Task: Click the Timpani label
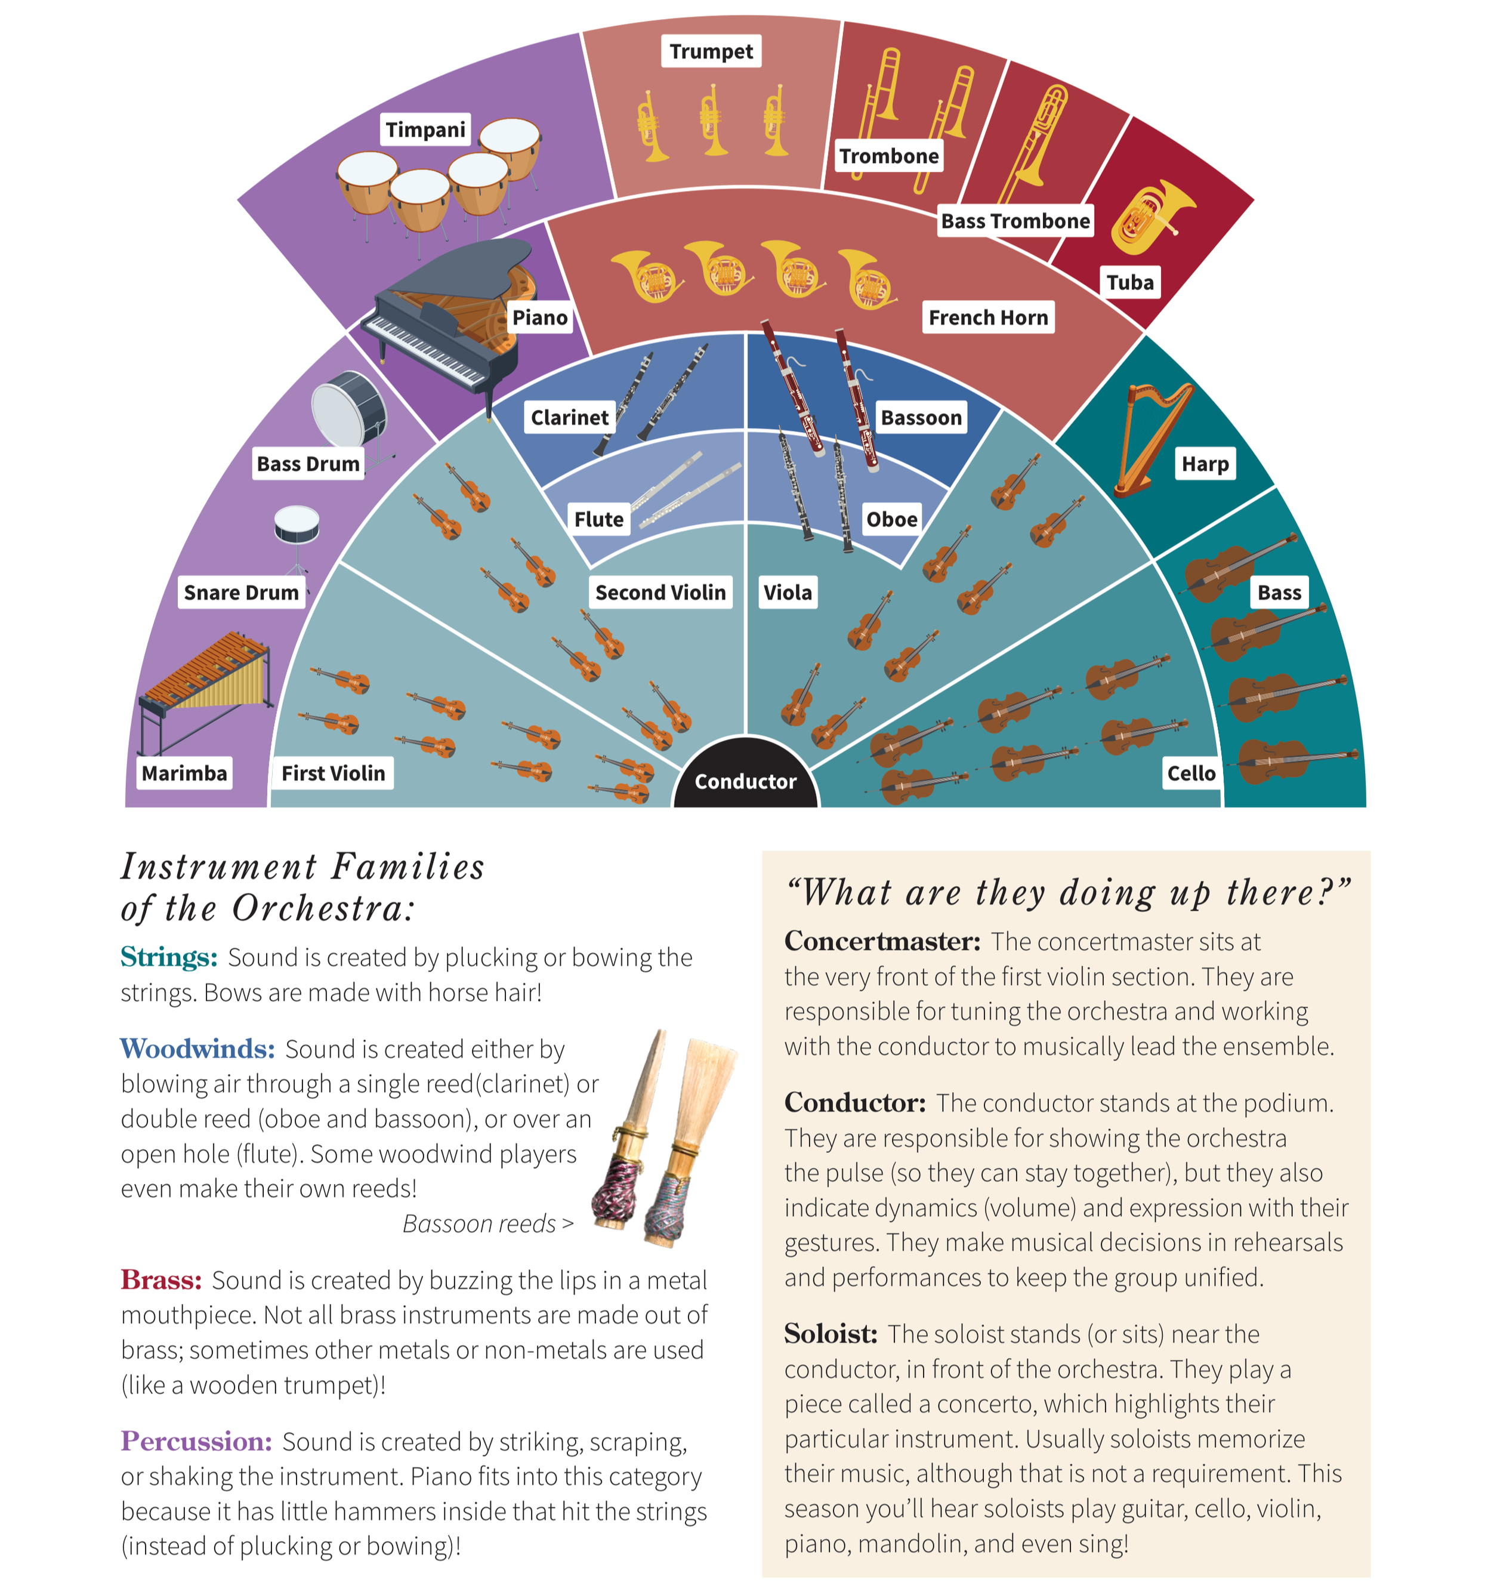(x=424, y=129)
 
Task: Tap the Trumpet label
(x=711, y=51)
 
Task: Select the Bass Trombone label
(x=1015, y=221)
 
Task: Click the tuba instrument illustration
(x=1149, y=216)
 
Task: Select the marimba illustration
(x=204, y=688)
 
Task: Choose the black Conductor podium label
(x=745, y=781)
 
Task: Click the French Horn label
(x=987, y=317)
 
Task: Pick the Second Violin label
(x=660, y=592)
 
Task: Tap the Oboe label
(x=891, y=519)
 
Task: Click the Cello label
(x=1191, y=773)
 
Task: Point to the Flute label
(x=598, y=519)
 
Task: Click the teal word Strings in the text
(x=169, y=957)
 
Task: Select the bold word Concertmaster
(x=882, y=941)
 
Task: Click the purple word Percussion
(x=197, y=1441)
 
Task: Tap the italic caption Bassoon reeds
(x=479, y=1223)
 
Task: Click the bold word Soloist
(x=831, y=1334)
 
